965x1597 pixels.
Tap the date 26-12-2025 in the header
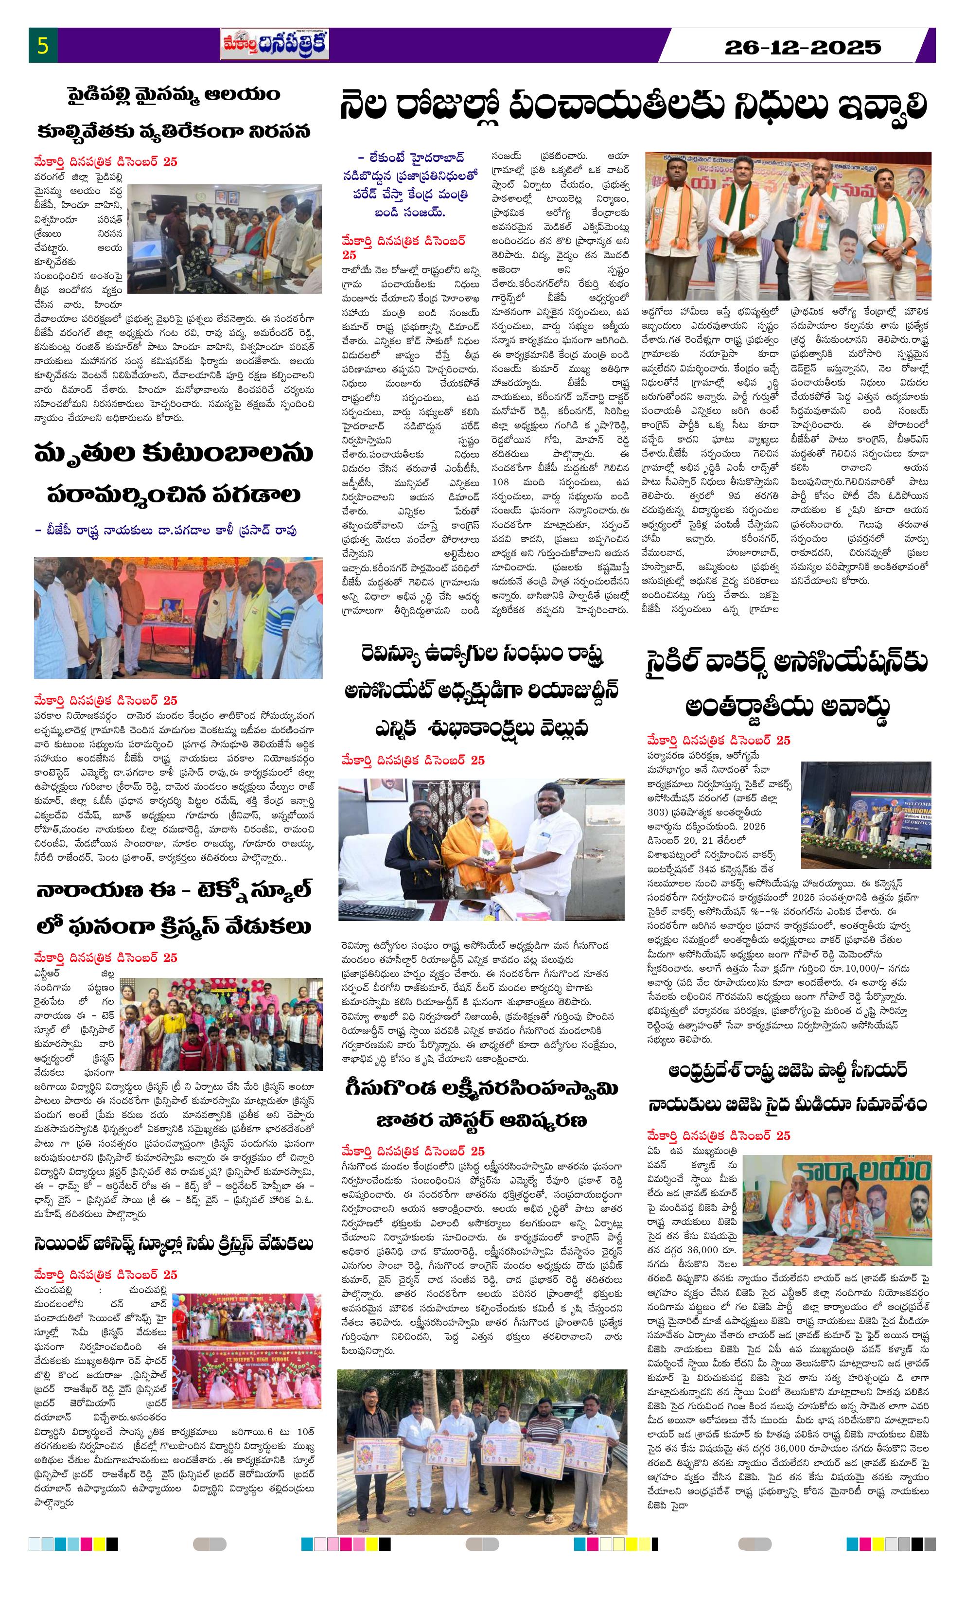802,47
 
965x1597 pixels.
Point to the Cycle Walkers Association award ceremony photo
865,814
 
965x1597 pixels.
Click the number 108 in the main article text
500,482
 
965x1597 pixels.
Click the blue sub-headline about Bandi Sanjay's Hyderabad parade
410,185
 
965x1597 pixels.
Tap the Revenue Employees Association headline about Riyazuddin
481,691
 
